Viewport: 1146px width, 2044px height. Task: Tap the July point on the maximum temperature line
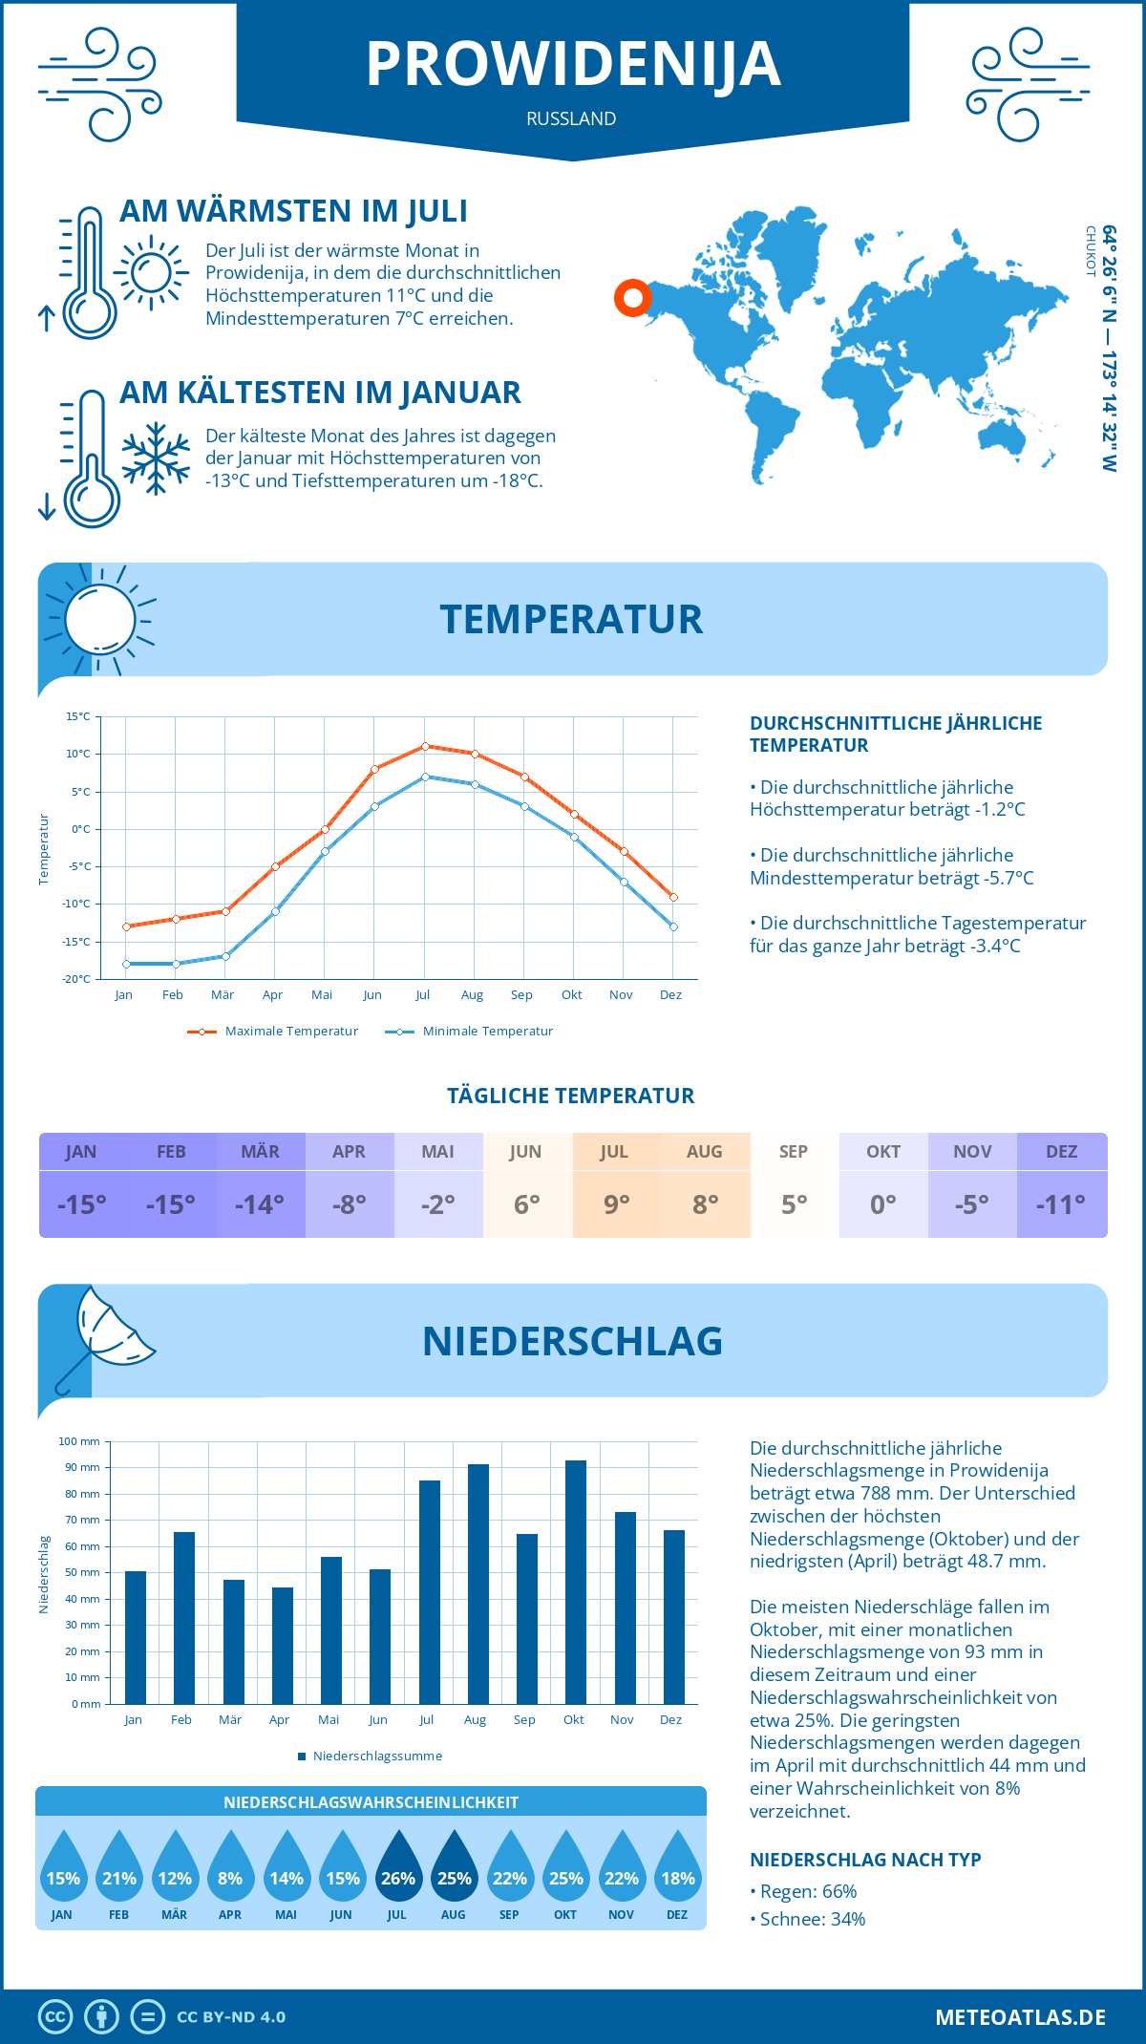425,746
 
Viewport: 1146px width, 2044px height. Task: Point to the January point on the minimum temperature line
126,964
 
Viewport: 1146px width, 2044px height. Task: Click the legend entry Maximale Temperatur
273,1032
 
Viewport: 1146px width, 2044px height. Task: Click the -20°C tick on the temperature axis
76,979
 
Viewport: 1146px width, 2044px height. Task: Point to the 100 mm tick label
79,1441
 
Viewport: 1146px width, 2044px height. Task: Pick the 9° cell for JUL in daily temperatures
616,1204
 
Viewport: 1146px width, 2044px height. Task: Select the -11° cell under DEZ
1061,1204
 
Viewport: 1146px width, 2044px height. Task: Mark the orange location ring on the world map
632,298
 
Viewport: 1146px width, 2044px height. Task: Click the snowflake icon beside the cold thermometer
156,458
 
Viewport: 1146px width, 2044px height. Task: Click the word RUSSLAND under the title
571,118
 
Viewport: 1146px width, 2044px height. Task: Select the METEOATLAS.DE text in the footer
1020,2017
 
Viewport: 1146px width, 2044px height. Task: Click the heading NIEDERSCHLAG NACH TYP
865,1860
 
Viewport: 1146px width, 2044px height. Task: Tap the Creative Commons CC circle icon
55,2017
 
